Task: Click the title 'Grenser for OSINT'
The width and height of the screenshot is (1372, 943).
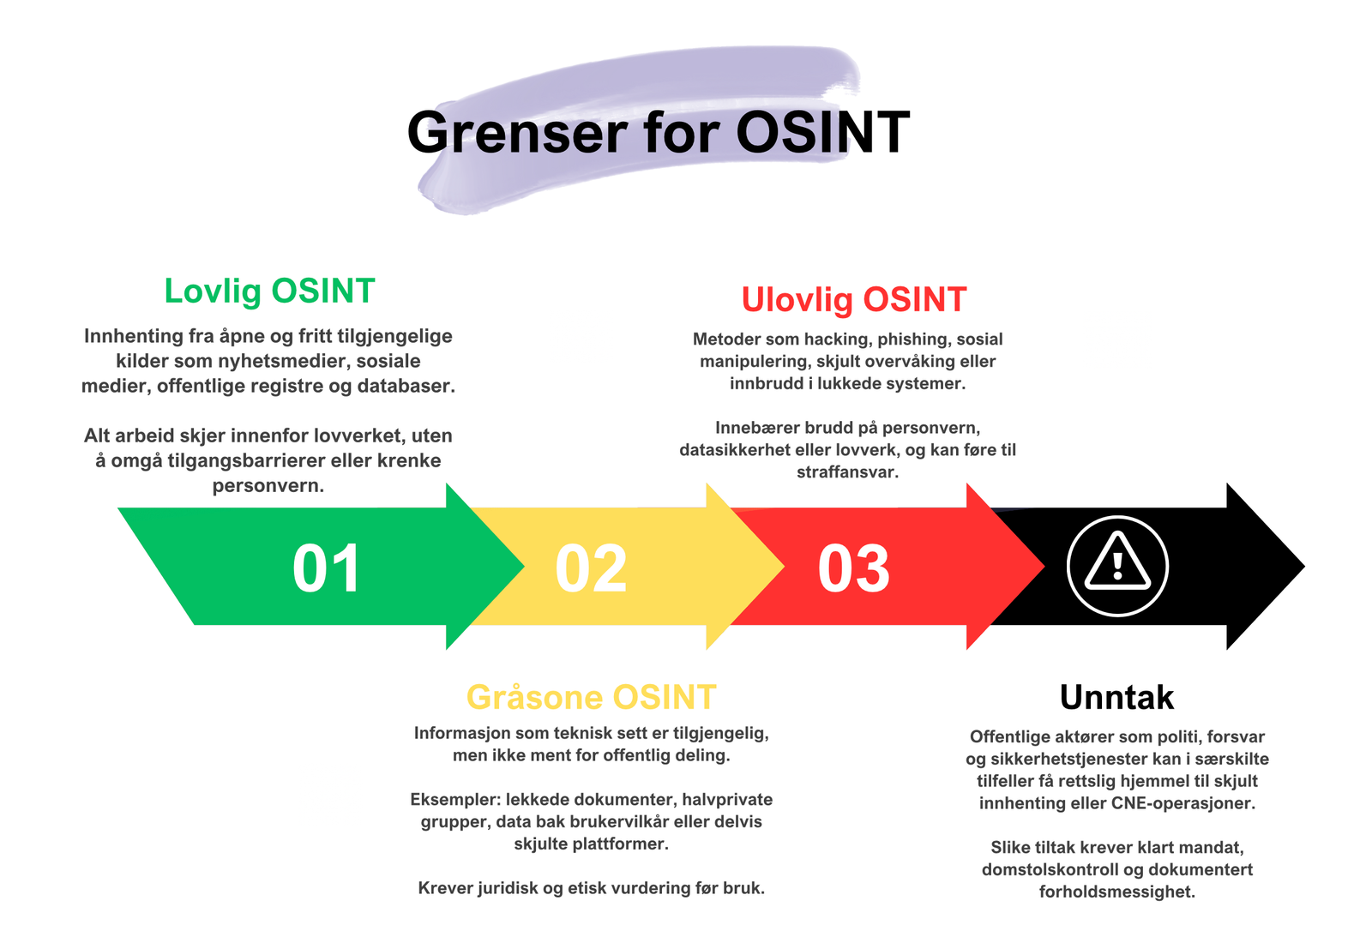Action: [659, 132]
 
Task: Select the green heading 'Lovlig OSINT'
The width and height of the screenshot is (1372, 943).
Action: [269, 291]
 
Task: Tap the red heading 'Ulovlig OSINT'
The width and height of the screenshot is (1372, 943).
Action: [854, 301]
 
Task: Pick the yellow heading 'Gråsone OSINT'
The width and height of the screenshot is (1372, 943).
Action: [591, 697]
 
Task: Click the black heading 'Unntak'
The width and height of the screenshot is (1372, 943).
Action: [1116, 697]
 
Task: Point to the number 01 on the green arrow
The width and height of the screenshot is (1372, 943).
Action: [326, 569]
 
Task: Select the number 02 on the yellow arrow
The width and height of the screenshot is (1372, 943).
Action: [591, 569]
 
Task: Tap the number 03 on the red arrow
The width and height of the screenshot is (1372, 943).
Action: [854, 569]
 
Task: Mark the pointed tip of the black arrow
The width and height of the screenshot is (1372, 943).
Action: [1304, 567]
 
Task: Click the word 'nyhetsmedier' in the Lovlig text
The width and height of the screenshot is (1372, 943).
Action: [284, 361]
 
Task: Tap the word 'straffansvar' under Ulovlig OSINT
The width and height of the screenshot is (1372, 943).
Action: [848, 472]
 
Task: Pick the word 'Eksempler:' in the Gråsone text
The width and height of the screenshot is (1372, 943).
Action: [455, 800]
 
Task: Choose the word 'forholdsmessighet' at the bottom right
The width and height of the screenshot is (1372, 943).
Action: [1117, 892]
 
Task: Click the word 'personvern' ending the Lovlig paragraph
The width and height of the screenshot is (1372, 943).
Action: [268, 486]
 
